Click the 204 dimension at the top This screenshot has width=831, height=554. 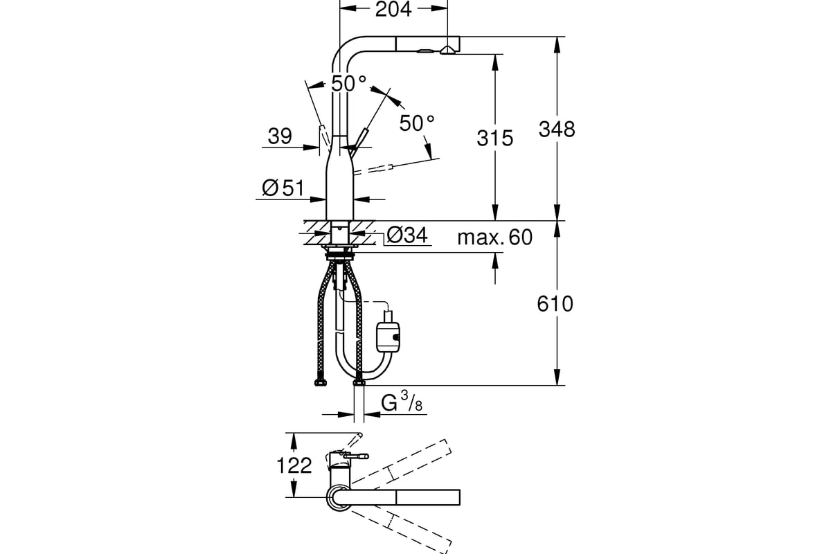coord(393,9)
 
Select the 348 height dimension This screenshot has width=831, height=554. coord(557,129)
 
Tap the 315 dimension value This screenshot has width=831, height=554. coord(495,138)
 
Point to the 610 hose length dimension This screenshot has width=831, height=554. coord(555,304)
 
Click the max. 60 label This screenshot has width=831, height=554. coord(495,238)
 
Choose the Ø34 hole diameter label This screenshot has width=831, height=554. coord(407,235)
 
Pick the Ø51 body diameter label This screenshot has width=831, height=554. coord(283,188)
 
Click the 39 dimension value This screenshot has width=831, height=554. coord(280,136)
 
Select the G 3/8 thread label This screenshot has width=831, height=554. coord(402,402)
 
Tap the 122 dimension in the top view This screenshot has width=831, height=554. coord(294,465)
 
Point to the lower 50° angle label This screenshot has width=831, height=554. coord(417,123)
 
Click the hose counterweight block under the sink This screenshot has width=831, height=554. coord(388,337)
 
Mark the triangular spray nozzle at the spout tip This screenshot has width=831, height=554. coord(448,50)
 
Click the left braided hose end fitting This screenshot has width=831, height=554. coord(320,382)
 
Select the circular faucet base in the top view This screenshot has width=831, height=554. coord(337,497)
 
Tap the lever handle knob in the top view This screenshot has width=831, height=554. coord(359,456)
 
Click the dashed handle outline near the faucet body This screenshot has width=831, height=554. coord(373,170)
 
